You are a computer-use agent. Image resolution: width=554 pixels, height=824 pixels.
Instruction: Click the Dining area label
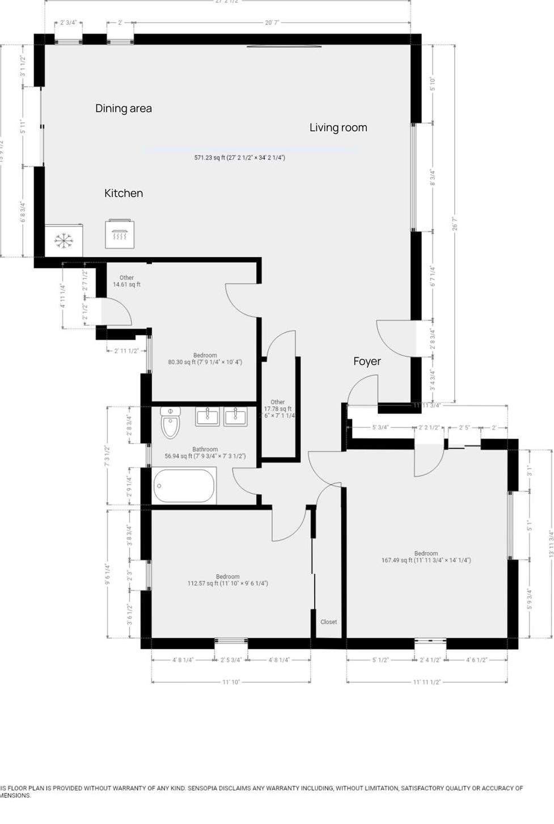tap(124, 108)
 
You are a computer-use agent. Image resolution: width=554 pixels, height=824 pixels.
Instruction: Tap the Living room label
tap(338, 128)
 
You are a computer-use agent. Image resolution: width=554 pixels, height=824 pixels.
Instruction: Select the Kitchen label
tap(124, 193)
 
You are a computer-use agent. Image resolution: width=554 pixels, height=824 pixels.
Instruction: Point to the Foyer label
tap(367, 362)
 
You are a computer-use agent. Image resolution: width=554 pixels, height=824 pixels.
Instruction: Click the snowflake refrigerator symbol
tap(64, 241)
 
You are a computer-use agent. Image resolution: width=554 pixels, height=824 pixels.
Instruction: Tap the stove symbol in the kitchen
tap(120, 234)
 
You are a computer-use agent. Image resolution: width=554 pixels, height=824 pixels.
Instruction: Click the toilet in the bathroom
tap(170, 423)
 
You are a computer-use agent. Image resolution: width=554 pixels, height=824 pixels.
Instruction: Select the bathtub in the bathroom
tap(184, 486)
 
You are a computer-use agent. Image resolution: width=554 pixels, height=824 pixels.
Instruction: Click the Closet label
tap(329, 622)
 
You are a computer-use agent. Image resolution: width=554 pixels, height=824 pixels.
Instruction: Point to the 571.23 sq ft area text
tap(239, 158)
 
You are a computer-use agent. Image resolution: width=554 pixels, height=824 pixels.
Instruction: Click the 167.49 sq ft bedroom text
tap(426, 560)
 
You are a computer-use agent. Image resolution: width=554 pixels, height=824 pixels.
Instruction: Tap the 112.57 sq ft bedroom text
tap(227, 583)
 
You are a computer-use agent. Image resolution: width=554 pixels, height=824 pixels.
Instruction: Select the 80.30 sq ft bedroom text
tap(205, 362)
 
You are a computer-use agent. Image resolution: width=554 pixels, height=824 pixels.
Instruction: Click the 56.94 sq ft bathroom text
tap(205, 456)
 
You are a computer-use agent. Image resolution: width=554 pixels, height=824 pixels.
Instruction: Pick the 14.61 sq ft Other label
tap(126, 284)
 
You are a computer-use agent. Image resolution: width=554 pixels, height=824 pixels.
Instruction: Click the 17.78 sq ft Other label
tap(278, 409)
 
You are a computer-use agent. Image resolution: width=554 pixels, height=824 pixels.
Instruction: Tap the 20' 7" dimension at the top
tap(272, 23)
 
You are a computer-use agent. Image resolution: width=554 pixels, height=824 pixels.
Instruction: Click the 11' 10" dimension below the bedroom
tap(231, 682)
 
